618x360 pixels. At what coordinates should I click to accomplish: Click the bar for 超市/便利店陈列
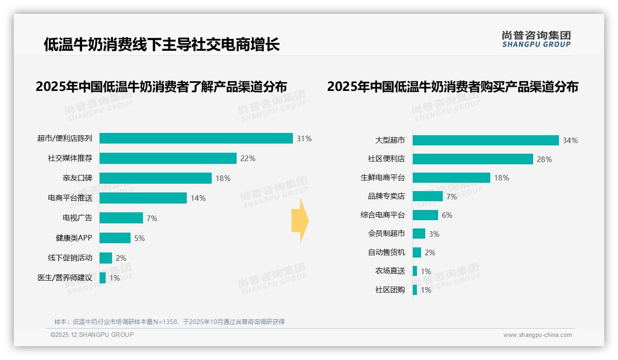point(196,138)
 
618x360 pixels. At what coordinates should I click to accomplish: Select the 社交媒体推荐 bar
point(168,158)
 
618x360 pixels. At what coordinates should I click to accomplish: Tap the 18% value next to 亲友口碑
point(223,178)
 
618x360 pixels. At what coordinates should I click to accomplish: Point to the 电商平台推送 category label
point(70,198)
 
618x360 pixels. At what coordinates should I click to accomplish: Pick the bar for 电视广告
point(121,218)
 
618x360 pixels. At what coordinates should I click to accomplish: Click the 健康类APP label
point(74,238)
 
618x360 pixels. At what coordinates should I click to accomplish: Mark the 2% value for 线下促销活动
point(121,258)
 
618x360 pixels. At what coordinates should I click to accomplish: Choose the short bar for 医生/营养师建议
point(102,278)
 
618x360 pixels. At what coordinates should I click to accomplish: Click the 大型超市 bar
point(486,140)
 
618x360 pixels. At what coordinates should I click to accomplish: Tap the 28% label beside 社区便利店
point(544,159)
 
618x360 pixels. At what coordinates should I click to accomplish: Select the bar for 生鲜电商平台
point(451,178)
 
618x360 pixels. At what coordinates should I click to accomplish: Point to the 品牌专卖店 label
point(386,196)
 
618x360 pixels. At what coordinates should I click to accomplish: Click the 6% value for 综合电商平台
point(447,215)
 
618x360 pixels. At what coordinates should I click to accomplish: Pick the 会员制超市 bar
point(419,234)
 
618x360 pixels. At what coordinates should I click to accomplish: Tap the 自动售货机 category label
point(386,252)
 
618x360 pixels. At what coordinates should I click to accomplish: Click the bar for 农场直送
point(415,271)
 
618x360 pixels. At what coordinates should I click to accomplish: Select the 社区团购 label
point(390,290)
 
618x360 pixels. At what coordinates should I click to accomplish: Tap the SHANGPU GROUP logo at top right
point(536,39)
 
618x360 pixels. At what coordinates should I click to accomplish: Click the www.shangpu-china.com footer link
point(537,335)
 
